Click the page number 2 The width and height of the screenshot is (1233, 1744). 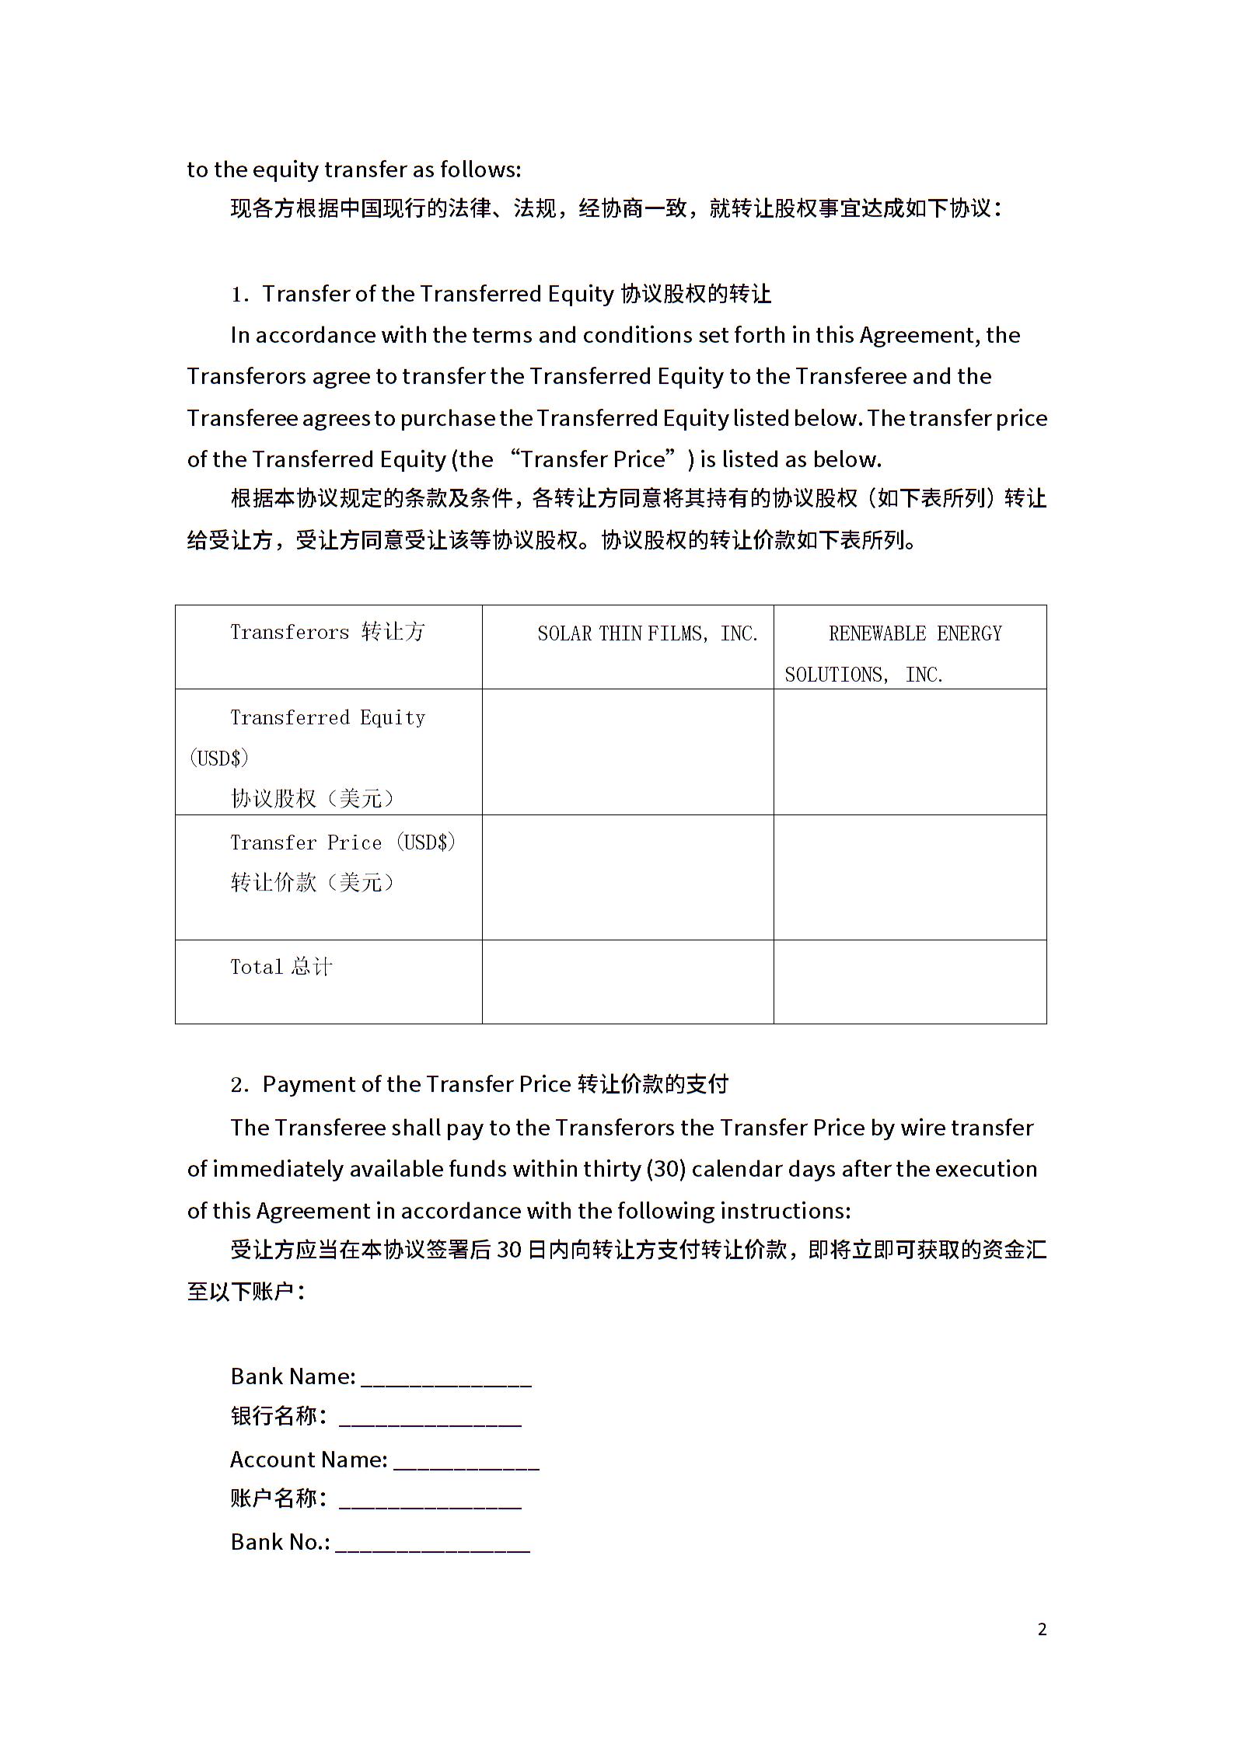pos(1042,1629)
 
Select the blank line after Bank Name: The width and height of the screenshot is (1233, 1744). pos(446,1378)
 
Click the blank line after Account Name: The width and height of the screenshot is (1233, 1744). pos(466,1461)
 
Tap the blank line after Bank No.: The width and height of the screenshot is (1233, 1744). pos(433,1543)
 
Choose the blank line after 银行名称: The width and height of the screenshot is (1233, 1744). pos(430,1418)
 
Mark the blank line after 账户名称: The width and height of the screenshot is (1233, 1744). pos(430,1501)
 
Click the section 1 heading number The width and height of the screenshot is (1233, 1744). pos(239,295)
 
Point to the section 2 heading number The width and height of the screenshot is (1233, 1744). pos(239,1085)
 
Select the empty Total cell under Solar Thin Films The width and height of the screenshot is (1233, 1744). pos(627,981)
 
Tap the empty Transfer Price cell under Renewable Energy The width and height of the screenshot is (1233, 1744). pos(910,877)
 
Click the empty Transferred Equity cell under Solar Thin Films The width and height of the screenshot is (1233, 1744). pos(627,752)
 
